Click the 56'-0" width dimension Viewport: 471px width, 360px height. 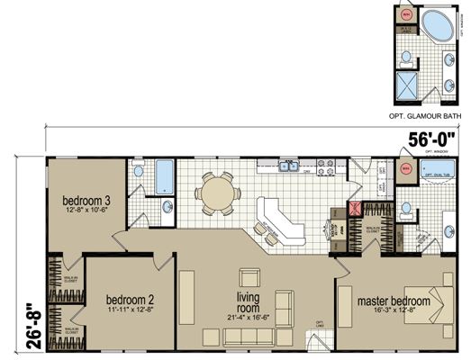pyautogui.click(x=429, y=139)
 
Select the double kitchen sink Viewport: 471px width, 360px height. pyautogui.click(x=288, y=166)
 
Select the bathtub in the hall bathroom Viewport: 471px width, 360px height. pyautogui.click(x=163, y=177)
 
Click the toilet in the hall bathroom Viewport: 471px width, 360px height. pyautogui.click(x=138, y=171)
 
